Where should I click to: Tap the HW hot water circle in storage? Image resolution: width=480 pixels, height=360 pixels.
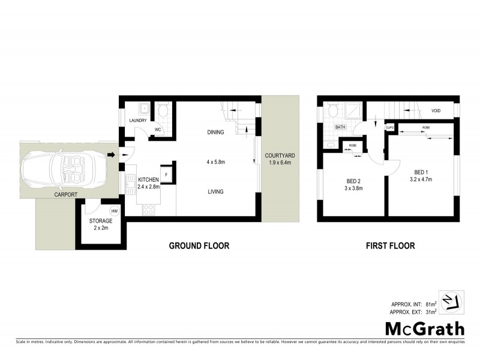pos(114,211)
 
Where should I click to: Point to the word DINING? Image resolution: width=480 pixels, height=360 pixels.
pos(215,132)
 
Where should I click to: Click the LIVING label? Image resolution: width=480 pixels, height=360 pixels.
pos(215,192)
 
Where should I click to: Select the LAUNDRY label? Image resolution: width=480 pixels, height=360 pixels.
pos(138,121)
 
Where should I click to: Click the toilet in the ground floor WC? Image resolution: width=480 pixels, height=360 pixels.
pos(163,110)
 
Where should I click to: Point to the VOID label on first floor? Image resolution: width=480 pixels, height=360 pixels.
pos(436,111)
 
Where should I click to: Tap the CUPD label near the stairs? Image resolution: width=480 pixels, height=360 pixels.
pos(389,128)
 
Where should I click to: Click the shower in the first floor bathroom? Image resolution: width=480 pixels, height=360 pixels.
pos(353,110)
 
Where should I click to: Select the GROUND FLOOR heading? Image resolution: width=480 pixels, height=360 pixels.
pos(199,246)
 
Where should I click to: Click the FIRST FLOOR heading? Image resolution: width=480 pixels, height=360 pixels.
pos(391,246)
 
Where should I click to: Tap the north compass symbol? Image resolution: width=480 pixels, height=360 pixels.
pos(453,302)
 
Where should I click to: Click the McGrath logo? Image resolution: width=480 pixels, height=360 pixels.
pos(424,328)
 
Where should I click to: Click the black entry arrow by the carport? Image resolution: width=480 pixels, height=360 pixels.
pos(112,155)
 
